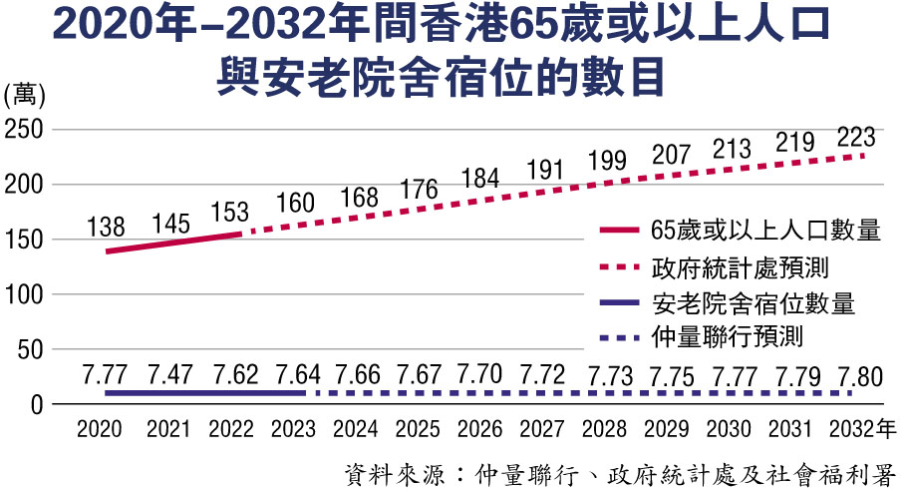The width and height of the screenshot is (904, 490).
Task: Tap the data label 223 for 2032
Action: click(858, 136)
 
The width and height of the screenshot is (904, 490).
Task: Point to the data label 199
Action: click(607, 159)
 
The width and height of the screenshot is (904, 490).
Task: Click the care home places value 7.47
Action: click(168, 375)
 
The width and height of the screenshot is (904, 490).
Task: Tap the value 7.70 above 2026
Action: click(481, 375)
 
